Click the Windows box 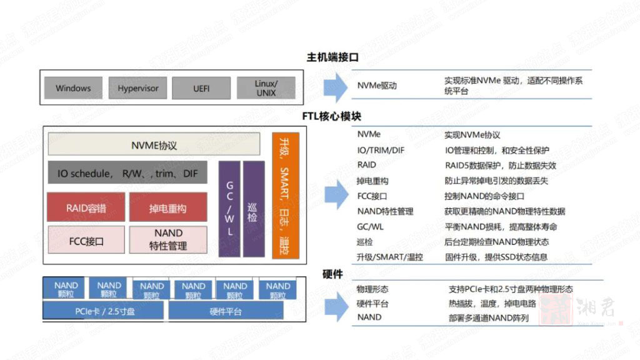[73, 88]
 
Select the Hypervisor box [138, 88]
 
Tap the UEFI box [201, 88]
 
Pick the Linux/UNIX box [266, 88]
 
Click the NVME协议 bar [154, 145]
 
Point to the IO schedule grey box [127, 173]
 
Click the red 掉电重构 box [167, 207]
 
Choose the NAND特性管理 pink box [167, 240]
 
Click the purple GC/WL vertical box [229, 209]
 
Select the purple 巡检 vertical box [253, 209]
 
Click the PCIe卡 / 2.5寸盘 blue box [103, 311]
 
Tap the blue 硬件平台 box [225, 311]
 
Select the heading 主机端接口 [332, 57]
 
